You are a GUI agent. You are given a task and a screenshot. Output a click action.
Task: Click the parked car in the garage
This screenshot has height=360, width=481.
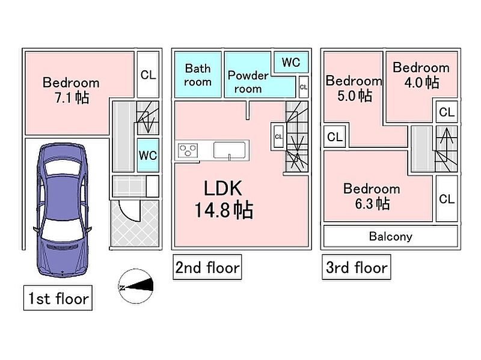click(63, 210)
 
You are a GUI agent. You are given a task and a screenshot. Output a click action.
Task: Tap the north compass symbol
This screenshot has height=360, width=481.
click(136, 287)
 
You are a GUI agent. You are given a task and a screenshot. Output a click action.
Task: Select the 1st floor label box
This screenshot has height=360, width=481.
click(58, 297)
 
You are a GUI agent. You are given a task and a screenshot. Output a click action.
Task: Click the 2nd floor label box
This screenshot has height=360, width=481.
click(207, 267)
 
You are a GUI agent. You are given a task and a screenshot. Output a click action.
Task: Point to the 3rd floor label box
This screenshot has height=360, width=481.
click(357, 267)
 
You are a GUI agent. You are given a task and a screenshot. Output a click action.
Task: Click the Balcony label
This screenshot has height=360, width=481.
click(390, 236)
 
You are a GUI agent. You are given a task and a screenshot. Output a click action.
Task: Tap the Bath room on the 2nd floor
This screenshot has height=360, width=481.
click(198, 75)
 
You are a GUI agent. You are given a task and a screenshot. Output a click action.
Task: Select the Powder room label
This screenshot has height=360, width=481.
click(248, 82)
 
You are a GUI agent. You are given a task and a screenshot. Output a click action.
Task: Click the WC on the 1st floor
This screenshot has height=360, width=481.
click(148, 155)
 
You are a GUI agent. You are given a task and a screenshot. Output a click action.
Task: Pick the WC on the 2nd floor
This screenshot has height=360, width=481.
click(291, 63)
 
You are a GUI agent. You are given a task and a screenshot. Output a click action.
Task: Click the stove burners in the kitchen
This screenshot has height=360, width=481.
click(188, 151)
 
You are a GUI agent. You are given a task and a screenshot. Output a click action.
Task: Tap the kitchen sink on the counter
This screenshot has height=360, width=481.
click(230, 151)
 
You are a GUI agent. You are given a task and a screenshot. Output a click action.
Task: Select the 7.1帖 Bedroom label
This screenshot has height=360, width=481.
click(71, 90)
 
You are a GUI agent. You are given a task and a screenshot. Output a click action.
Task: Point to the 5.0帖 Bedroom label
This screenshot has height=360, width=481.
click(354, 88)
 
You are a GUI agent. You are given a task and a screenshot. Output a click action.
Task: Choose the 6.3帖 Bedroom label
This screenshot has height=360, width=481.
click(372, 197)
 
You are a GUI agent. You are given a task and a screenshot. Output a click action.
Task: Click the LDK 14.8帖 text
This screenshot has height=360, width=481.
click(223, 200)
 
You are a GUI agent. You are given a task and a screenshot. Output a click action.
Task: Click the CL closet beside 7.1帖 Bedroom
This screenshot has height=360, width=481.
click(148, 75)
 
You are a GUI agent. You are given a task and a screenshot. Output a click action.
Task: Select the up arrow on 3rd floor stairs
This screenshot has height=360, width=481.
click(447, 136)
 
